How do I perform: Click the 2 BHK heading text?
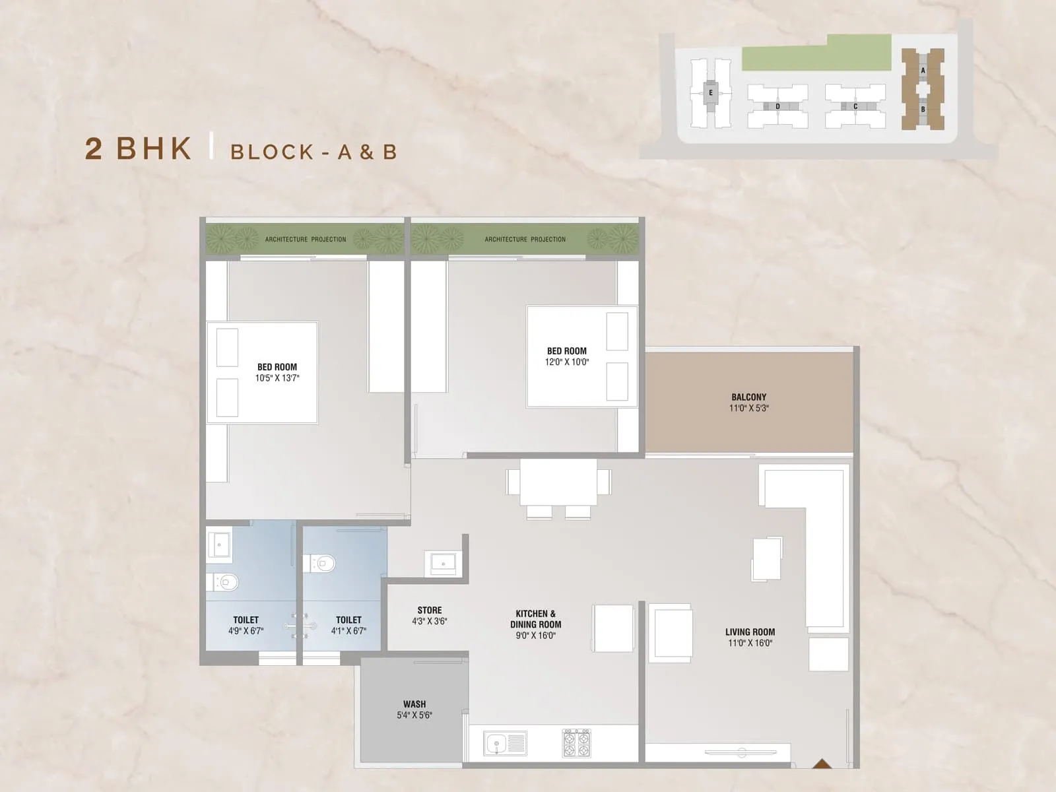138,149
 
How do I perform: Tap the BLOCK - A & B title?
313,152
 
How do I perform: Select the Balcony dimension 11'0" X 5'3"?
748,409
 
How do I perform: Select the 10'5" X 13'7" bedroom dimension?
277,378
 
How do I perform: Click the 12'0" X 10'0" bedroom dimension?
566,362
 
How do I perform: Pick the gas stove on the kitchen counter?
576,742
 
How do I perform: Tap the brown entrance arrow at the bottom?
820,764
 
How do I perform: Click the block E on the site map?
710,93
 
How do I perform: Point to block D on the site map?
777,106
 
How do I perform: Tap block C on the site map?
855,106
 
